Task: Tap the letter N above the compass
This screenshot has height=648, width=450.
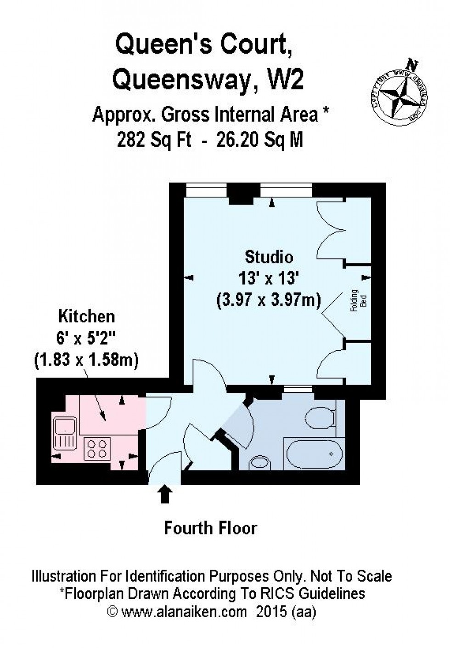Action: pyautogui.click(x=414, y=64)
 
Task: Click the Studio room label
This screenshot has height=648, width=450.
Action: pyautogui.click(x=269, y=257)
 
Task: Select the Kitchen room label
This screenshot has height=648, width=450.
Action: pyautogui.click(x=86, y=316)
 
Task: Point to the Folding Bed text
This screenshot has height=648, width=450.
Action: pyautogui.click(x=359, y=301)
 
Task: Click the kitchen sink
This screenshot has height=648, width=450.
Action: pyautogui.click(x=65, y=433)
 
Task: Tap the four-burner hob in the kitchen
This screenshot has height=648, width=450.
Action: pyautogui.click(x=97, y=448)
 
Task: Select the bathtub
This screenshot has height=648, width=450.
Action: pyautogui.click(x=314, y=453)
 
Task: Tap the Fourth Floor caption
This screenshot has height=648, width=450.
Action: pyautogui.click(x=211, y=528)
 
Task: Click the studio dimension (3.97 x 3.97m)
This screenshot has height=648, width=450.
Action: pyautogui.click(x=269, y=300)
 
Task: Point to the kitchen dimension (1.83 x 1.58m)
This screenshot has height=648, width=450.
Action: pyautogui.click(x=86, y=360)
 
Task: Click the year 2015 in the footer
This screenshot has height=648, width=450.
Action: pyautogui.click(x=270, y=612)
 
